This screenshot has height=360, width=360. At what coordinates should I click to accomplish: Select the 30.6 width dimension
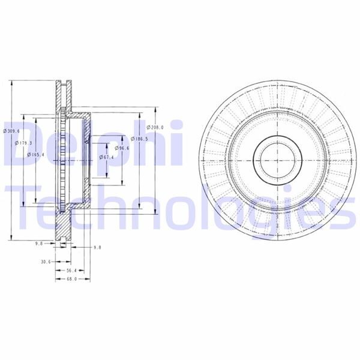45,262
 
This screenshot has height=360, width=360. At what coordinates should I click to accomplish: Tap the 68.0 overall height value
71,279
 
